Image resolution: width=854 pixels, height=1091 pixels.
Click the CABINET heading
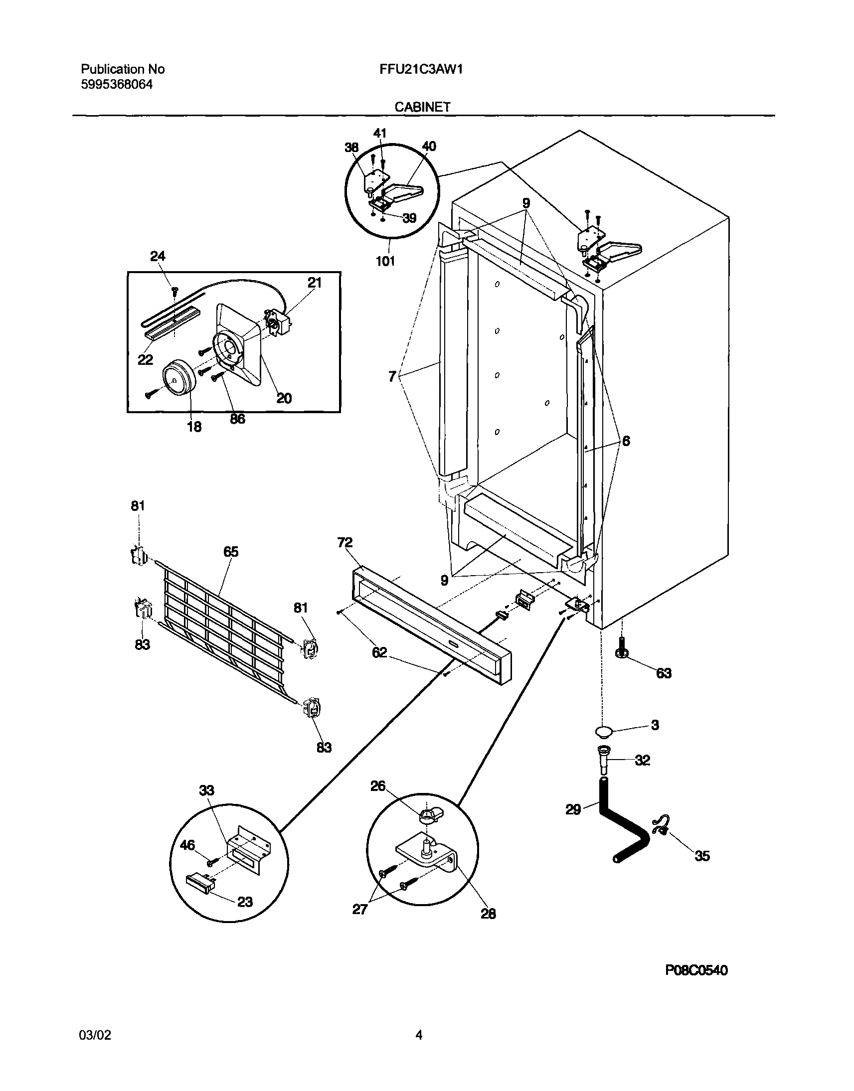(x=422, y=107)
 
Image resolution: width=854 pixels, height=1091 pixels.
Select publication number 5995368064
(x=117, y=84)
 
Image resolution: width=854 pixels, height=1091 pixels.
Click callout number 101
(x=385, y=260)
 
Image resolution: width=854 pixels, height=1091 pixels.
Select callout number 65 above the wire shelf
(x=230, y=552)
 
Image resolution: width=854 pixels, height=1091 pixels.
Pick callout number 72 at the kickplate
(x=345, y=543)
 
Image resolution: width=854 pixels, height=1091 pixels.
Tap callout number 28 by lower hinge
(x=488, y=914)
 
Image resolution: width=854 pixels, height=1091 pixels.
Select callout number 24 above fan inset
(x=158, y=256)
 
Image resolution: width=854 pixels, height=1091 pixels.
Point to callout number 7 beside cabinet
(x=392, y=376)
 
